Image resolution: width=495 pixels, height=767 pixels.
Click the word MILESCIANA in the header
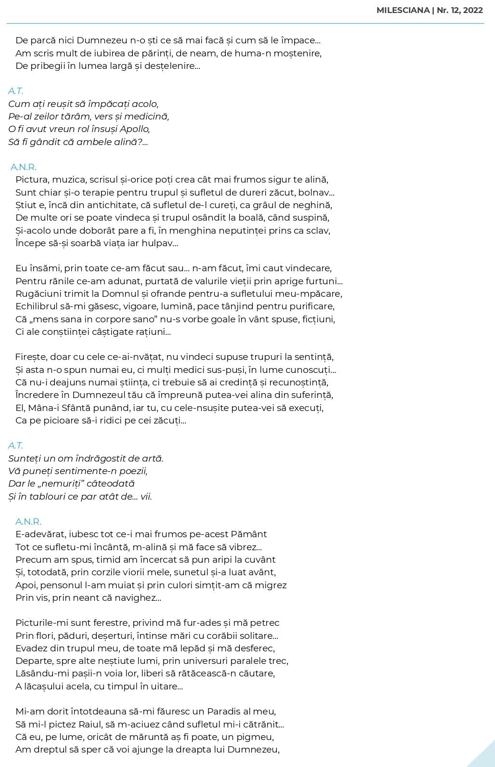tap(404, 11)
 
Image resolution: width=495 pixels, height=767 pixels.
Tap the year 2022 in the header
tap(473, 11)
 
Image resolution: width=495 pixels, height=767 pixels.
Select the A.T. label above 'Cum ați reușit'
tap(15, 91)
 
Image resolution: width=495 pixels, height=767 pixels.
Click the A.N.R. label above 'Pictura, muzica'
tap(24, 167)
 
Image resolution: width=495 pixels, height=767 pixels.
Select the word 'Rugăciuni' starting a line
tap(37, 294)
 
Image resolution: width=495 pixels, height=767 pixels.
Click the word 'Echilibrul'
tap(36, 306)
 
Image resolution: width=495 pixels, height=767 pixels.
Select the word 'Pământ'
tap(249, 534)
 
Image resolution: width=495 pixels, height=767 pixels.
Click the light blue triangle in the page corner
tap(485, 757)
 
